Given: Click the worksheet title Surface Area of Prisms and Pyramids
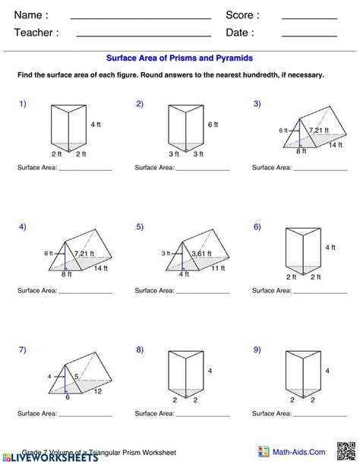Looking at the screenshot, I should pos(179,58).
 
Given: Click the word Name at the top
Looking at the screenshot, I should pos(31,15).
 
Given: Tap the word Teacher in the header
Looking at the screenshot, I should pos(36,33).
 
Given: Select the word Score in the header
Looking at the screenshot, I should pos(242,15).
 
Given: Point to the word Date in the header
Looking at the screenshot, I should pos(239,33).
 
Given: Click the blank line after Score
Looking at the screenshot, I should pos(309,17).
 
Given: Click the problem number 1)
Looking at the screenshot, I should pos(23,103).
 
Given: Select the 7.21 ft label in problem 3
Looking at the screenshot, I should pos(320,130).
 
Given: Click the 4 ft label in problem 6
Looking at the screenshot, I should pos(330,248).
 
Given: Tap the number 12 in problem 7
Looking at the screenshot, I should pos(97,391).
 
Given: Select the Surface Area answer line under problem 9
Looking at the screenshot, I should pos(319,415).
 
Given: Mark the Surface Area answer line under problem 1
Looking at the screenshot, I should pos(84,169).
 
